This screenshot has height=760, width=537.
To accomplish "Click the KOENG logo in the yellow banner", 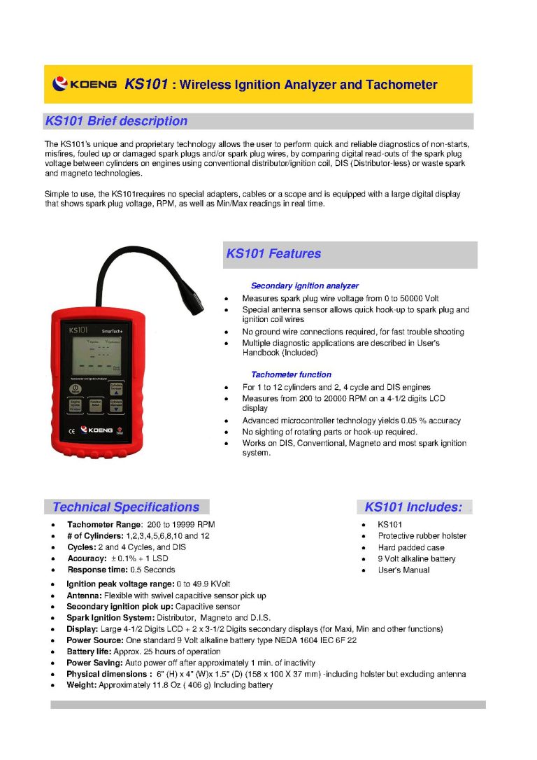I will click(85, 85).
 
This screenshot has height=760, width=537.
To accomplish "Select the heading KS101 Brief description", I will click(116, 121).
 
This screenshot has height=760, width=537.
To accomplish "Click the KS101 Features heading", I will click(273, 254).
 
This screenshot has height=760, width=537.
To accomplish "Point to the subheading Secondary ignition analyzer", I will click(304, 286).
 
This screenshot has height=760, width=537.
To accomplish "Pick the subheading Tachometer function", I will click(291, 374).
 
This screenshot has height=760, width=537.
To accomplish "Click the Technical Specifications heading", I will click(126, 507).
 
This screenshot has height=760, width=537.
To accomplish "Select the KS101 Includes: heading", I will click(413, 507).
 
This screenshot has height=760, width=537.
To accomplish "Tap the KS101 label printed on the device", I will click(78, 328).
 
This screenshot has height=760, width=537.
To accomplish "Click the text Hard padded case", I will click(411, 547).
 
